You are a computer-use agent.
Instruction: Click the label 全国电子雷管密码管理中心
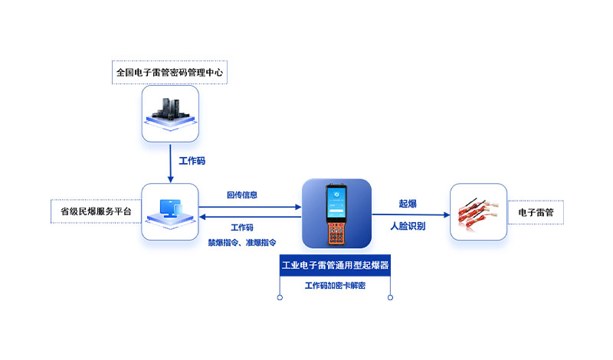(169, 72)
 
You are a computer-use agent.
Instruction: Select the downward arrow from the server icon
(170, 163)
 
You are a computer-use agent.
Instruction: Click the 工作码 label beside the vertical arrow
(192, 161)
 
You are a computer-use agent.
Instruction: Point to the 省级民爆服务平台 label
(96, 211)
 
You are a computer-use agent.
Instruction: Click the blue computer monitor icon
(171, 209)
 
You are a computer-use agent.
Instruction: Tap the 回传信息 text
(242, 195)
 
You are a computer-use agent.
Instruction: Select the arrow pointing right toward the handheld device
(251, 207)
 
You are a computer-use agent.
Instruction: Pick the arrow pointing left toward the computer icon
(251, 217)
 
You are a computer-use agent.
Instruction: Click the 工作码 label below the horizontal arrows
(242, 227)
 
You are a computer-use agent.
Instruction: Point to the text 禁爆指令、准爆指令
(242, 243)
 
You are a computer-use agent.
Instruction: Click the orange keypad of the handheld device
(336, 234)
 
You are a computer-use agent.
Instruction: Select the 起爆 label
(408, 204)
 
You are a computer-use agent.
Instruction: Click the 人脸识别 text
(408, 226)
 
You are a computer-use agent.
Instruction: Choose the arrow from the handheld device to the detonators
(411, 214)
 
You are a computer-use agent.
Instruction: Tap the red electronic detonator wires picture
(477, 214)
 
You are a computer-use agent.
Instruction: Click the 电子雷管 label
(536, 212)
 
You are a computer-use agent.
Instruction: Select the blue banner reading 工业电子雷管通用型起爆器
(335, 266)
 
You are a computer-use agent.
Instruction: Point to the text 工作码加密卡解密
(335, 286)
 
